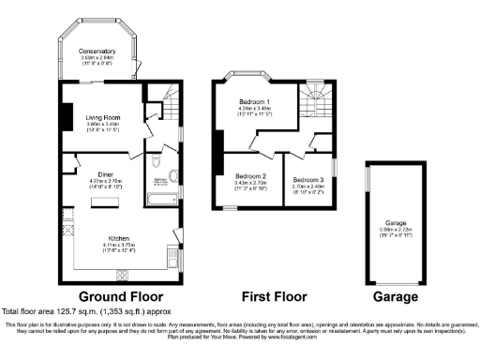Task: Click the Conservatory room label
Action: click(97, 51)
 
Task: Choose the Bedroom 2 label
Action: click(250, 176)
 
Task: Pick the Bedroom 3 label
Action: click(308, 178)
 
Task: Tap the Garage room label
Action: click(395, 221)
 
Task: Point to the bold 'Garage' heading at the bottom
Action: click(397, 296)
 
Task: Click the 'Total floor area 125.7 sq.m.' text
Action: click(74, 310)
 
